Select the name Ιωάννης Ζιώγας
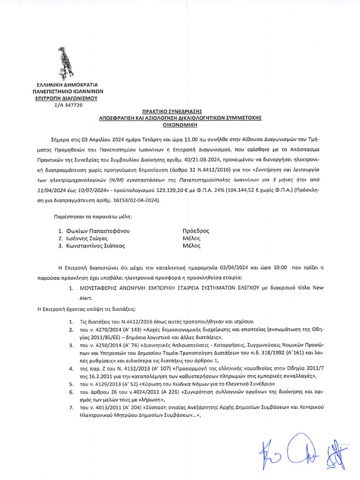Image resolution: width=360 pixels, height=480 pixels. click(84, 238)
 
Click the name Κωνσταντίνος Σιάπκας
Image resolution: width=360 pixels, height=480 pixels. click(95, 245)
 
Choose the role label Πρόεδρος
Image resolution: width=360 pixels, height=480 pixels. click(195, 231)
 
